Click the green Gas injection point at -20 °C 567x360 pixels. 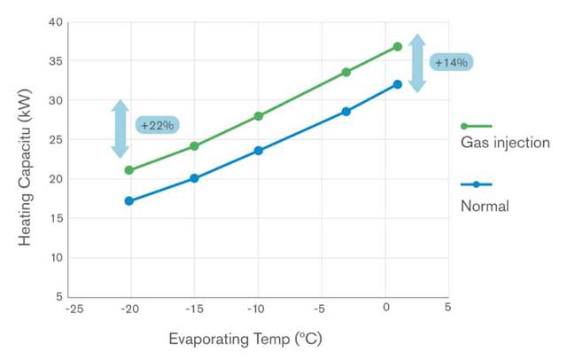tap(129, 170)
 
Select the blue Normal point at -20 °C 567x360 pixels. tap(129, 200)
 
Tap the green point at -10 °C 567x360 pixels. tap(258, 116)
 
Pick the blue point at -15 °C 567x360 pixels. tap(194, 178)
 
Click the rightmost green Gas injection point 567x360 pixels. tap(398, 47)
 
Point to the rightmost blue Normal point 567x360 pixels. tap(398, 84)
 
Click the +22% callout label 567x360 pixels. tap(158, 125)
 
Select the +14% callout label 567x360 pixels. tap(451, 62)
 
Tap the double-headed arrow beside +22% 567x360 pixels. tap(120, 129)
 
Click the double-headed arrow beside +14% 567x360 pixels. tap(417, 63)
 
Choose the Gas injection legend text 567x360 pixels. tap(505, 143)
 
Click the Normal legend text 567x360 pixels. tap(485, 206)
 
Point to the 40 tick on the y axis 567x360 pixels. tap(56, 22)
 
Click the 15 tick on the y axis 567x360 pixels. tap(56, 218)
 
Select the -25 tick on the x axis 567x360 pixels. tap(74, 309)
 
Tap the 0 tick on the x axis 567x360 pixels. tap(386, 307)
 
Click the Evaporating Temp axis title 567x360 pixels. tap(245, 340)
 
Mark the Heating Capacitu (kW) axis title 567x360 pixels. tap(26, 168)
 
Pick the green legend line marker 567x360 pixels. tap(477, 126)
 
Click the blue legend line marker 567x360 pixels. tap(477, 184)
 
